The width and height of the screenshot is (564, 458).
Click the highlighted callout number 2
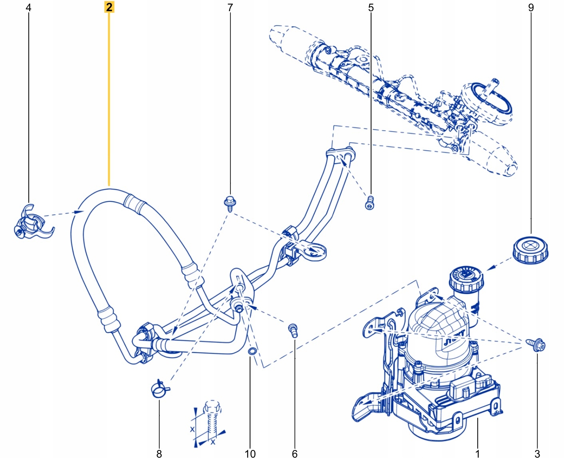[x=109, y=7]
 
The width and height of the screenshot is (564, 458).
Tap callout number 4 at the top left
[x=28, y=8]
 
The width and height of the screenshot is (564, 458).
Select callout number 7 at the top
[x=230, y=8]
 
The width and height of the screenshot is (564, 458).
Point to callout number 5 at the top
[x=371, y=8]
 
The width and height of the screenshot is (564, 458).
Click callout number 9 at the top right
[x=531, y=8]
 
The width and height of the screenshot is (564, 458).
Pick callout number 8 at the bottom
[x=159, y=453]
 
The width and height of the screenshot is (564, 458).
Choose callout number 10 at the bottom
[x=250, y=453]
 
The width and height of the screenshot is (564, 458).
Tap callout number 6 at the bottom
[x=295, y=453]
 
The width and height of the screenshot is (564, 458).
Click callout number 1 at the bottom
[x=477, y=453]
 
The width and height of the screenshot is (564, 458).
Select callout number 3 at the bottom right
[x=537, y=453]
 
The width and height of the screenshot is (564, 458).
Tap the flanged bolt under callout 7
[x=230, y=203]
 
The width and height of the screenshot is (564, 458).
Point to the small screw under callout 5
[x=370, y=203]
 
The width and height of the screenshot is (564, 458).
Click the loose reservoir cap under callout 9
[x=530, y=250]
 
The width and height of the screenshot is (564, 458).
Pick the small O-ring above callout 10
[x=252, y=351]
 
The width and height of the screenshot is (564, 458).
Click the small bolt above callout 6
[x=294, y=330]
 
